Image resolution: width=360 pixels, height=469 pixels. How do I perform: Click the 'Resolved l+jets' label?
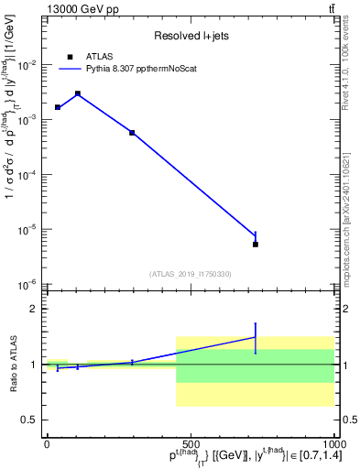190,37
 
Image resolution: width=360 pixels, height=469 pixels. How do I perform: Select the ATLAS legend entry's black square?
70,56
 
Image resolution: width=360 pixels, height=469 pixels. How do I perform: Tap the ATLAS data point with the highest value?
78,93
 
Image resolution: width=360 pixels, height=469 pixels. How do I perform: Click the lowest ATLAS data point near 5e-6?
256,244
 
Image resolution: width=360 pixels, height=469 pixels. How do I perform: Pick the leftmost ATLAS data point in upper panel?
58,107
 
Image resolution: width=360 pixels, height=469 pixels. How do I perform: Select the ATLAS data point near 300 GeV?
132,133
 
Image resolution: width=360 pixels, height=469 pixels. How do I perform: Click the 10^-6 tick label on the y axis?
28,285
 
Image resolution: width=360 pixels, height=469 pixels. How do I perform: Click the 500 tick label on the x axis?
191,443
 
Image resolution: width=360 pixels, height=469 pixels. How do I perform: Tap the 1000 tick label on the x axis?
333,443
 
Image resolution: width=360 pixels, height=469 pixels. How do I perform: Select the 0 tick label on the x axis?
47,443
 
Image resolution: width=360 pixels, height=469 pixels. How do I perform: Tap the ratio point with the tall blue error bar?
256,337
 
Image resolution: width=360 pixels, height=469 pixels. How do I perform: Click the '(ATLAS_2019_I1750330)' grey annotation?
190,273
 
